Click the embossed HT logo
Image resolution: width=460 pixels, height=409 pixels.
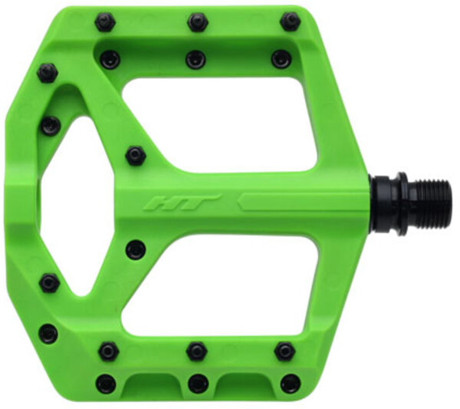(x=182, y=203)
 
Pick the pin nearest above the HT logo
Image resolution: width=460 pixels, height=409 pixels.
(x=136, y=155)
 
